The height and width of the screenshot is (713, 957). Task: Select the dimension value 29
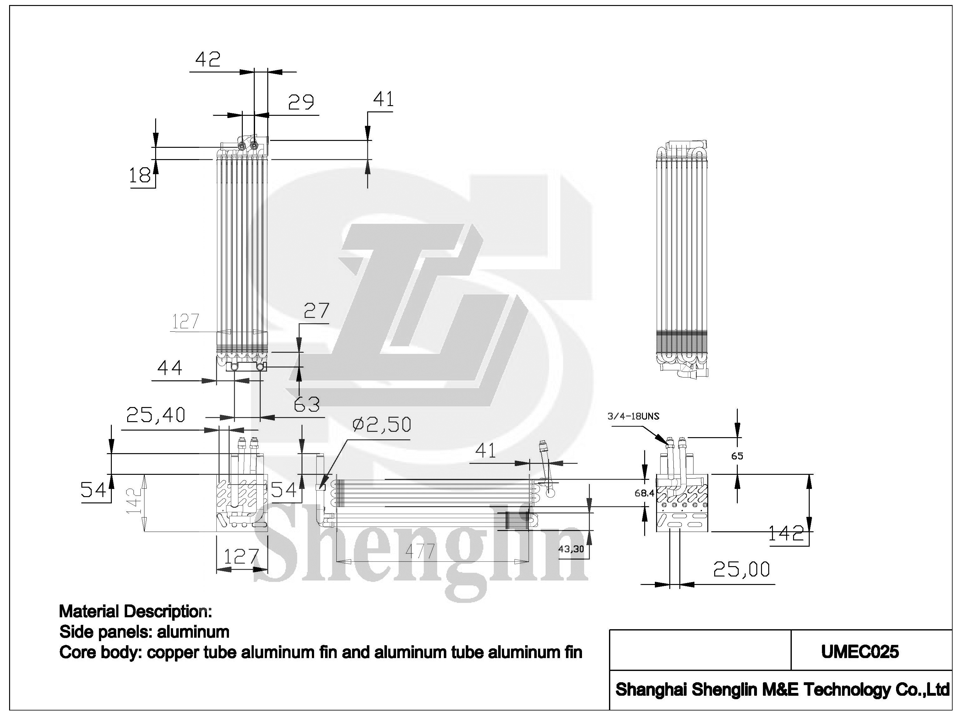pos(301,102)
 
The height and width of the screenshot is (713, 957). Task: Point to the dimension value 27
pos(317,310)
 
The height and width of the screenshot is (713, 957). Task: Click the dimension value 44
pos(170,368)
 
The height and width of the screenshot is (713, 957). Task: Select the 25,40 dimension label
pos(155,415)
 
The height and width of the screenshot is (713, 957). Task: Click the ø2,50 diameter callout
pos(382,425)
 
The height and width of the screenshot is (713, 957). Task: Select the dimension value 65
pos(737,456)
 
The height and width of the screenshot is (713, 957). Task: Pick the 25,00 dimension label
pos(741,569)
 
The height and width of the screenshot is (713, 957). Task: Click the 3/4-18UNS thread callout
pos(633,416)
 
